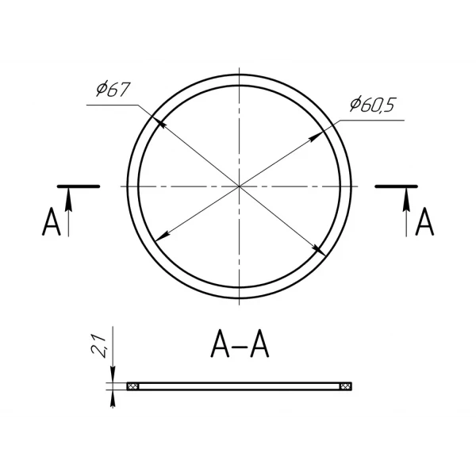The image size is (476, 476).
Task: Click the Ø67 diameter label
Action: [x=113, y=89]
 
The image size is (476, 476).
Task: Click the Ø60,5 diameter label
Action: [x=372, y=105]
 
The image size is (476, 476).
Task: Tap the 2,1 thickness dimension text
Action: [x=99, y=346]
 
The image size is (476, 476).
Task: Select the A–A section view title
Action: [x=240, y=344]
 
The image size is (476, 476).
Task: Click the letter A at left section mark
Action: [x=52, y=221]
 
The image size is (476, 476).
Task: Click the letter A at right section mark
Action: [x=424, y=221]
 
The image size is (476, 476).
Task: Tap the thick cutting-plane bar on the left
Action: [x=79, y=186]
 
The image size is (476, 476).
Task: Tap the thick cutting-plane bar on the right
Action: [x=397, y=186]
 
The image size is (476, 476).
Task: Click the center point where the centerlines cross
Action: [x=240, y=186]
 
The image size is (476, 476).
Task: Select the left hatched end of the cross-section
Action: [x=133, y=386]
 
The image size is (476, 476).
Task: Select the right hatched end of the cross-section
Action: [x=346, y=386]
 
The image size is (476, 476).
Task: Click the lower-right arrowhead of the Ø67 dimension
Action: [x=320, y=251]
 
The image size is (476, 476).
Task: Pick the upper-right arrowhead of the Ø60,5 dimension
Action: [x=316, y=136]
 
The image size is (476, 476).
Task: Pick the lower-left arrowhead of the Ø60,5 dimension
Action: [x=162, y=236]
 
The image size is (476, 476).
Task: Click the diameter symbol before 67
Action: [x=102, y=89]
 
